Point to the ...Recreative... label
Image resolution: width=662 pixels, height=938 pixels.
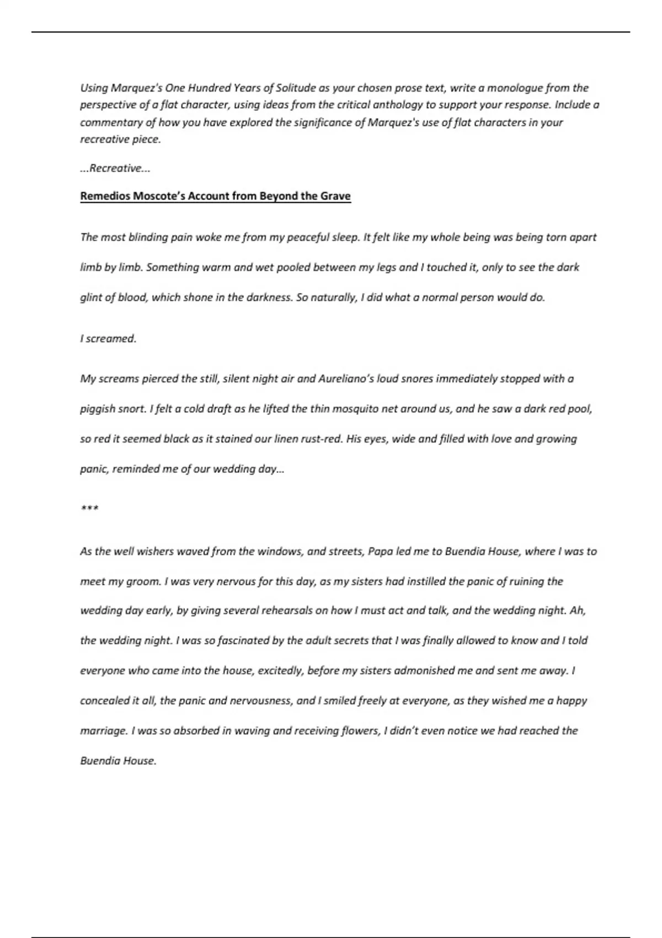point(115,168)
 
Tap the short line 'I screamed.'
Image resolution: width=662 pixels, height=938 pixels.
point(108,339)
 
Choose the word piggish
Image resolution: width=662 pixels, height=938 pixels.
point(98,409)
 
